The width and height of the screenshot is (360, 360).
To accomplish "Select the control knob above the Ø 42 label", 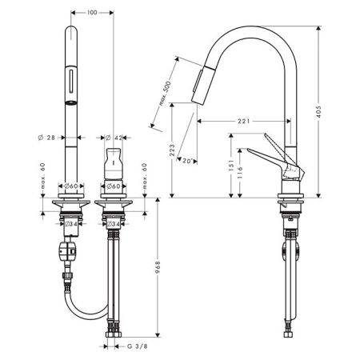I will tap(112, 160).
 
